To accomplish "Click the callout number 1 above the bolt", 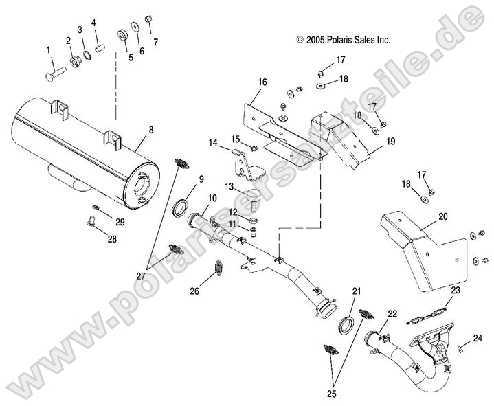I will tap(48, 49).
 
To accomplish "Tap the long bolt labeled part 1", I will tap(55, 69).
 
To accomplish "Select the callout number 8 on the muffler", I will tap(150, 128).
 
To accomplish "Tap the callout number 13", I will tap(230, 187).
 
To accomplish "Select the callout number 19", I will tap(390, 142).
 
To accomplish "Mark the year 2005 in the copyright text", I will tap(315, 41).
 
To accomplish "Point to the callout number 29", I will tap(120, 221).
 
